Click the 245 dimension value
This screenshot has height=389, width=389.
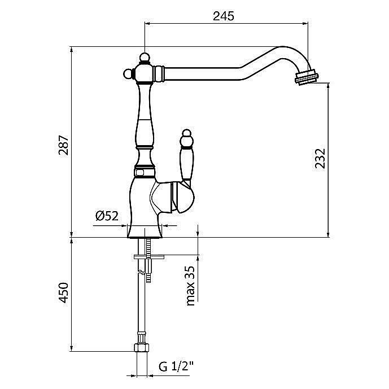click(x=223, y=16)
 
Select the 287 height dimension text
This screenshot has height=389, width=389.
click(x=63, y=145)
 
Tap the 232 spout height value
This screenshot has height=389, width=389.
click(x=320, y=159)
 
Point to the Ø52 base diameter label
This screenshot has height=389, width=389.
click(x=107, y=216)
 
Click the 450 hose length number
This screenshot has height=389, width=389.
click(x=63, y=292)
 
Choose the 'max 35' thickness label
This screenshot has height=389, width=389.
click(x=190, y=286)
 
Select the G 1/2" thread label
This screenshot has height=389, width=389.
click(x=176, y=366)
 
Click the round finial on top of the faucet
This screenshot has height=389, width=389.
click(x=145, y=58)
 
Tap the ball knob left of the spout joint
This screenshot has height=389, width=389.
click(x=128, y=74)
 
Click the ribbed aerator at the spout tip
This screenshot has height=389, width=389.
click(x=307, y=77)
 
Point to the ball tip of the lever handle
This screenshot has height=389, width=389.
click(x=186, y=134)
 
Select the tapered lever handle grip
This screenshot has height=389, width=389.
click(x=187, y=163)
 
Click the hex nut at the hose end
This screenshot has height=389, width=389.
click(x=142, y=347)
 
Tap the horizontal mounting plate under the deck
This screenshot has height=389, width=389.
click(x=149, y=257)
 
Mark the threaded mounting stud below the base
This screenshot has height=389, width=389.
click(x=148, y=260)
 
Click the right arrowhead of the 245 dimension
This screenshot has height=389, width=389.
click(x=305, y=24)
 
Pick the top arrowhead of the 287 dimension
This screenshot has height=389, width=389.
click(x=72, y=50)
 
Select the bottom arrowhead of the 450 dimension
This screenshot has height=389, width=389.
click(x=72, y=348)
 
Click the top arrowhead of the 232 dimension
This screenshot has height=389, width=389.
click(x=329, y=86)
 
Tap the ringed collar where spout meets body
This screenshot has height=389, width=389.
click(x=159, y=73)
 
